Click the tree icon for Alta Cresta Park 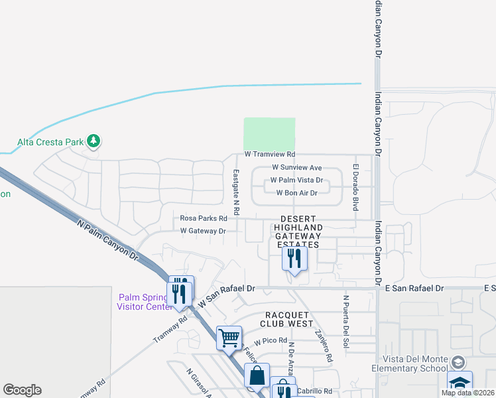94,141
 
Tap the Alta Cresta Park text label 50,141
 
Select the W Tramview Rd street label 270,154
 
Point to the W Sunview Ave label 297,168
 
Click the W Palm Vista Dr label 296,180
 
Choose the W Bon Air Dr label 297,193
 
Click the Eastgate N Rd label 235,186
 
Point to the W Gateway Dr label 204,231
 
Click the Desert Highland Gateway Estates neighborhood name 298,232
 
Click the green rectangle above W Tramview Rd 269,134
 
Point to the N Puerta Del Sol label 345,321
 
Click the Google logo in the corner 22,390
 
